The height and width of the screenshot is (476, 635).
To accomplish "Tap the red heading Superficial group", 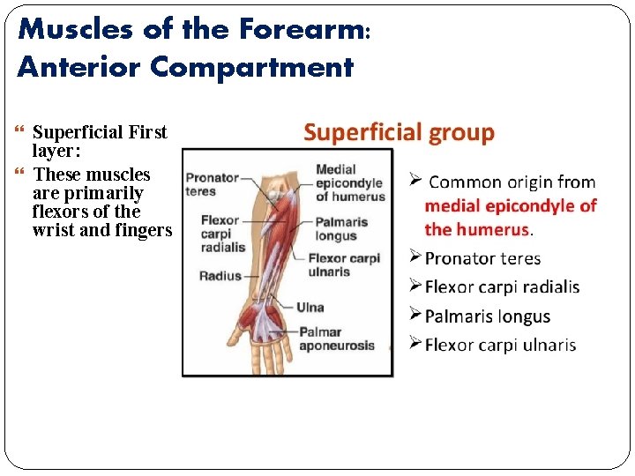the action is [399, 133].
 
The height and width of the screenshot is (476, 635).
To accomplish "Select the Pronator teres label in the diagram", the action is [212, 184].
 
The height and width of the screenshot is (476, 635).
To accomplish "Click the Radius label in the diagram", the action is [220, 276].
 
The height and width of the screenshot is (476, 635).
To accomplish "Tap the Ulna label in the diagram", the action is [310, 307].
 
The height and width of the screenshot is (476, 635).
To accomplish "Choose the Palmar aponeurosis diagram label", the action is [335, 338].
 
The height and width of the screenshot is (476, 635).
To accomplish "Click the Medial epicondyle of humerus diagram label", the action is [349, 182].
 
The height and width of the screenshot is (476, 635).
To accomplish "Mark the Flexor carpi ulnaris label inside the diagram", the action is [344, 265].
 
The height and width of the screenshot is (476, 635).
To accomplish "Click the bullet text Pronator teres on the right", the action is [482, 258].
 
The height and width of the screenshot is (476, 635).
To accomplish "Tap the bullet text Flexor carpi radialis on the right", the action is [502, 287].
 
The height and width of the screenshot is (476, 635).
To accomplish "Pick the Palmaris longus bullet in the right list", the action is [487, 316].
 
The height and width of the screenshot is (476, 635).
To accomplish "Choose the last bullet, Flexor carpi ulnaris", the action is [500, 345].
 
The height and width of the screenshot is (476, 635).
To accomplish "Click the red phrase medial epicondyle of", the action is [510, 206].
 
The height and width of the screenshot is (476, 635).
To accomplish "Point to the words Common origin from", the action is [512, 182].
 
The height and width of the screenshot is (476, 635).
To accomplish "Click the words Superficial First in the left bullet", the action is [99, 133].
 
